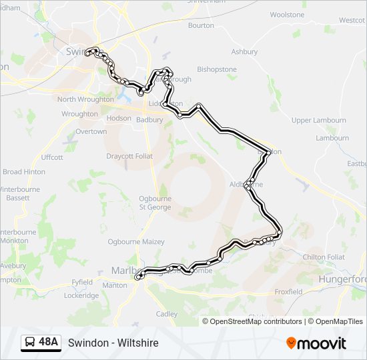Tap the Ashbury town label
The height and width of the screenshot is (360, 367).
coord(244,52)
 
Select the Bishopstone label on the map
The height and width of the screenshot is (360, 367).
coord(217,69)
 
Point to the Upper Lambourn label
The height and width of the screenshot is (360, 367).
coord(319,121)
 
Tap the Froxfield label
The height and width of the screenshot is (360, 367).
coord(288,292)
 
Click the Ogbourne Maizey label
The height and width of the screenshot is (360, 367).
coord(136,242)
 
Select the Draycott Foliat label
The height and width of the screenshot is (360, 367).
coord(129,156)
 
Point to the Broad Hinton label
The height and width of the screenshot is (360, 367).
coord(24,172)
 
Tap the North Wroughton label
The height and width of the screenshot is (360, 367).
coord(85,100)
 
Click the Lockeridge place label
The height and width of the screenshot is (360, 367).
coord(81,296)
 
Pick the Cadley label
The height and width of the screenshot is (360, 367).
coord(166,314)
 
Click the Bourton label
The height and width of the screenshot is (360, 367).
coord(201,26)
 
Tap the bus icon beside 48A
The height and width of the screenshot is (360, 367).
coord(30,343)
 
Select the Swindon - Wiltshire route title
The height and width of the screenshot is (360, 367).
coord(113,343)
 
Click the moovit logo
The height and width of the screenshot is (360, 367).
coord(316,343)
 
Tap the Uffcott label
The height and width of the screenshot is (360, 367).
coord(52,157)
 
